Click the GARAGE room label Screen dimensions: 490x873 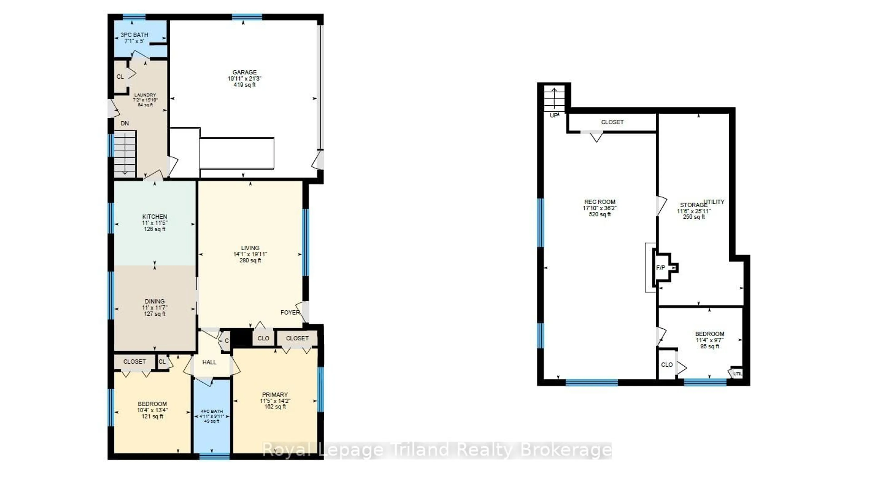pos(244,72)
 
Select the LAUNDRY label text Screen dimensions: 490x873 pos(145,95)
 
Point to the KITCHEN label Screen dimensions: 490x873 pos(155,216)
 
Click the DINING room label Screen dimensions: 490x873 pos(155,301)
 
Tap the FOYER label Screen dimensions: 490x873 pos(290,312)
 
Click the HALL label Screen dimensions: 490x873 pos(209,362)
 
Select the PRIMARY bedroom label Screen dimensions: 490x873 pos(275,395)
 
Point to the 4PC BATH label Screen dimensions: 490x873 pos(212,411)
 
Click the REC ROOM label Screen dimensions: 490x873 pos(600,202)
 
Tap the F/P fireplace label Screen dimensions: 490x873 pos(660,268)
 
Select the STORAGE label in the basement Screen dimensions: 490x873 pos(693,205)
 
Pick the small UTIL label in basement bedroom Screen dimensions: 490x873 pos(738,374)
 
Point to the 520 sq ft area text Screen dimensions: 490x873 pos(600,214)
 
